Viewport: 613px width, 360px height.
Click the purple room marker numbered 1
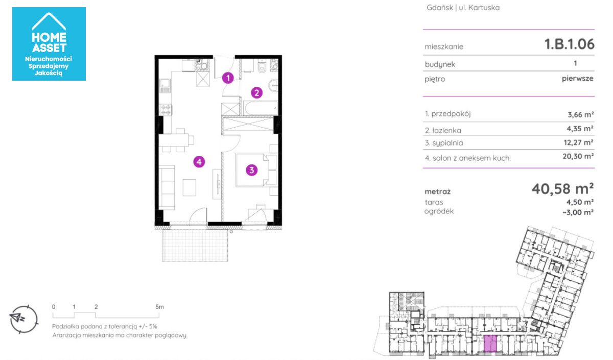(228, 78)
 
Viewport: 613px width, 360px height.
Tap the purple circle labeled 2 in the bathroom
(256, 93)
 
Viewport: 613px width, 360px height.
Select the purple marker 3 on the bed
(251, 170)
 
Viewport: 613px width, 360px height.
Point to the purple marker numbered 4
(199, 162)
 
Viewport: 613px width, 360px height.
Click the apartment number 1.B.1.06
(569, 44)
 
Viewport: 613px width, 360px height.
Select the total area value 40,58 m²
(562, 189)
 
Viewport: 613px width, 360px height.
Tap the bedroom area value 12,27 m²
(578, 142)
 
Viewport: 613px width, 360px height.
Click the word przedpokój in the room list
(451, 114)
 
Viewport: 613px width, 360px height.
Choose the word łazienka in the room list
(446, 131)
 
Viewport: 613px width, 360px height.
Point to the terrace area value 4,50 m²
(580, 202)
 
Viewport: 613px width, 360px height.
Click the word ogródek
(439, 211)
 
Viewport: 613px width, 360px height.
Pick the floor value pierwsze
(577, 79)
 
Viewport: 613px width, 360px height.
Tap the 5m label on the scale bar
(159, 307)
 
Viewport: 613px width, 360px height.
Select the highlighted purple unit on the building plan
(490, 344)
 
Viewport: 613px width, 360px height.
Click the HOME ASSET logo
(49, 44)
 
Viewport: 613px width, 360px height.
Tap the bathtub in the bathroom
(261, 108)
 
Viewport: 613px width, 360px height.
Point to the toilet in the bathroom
(262, 66)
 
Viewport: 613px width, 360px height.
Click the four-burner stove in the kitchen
(166, 110)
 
